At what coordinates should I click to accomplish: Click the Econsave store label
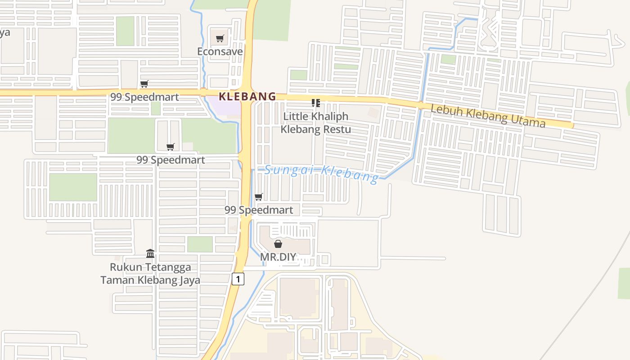point(220,52)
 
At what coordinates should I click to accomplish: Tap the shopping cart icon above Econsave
point(220,39)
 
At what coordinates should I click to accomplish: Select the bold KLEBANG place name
point(247,96)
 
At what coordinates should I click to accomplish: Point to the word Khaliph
point(328,116)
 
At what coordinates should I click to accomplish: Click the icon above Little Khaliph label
point(316,103)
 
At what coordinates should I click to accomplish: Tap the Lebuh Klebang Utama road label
point(488,116)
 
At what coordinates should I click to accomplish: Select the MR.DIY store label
point(278,257)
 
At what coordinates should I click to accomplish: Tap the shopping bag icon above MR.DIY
point(278,244)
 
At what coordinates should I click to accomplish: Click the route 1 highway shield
point(238,279)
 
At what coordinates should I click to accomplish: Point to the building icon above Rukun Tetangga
point(150,253)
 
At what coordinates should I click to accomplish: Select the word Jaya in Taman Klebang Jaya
point(189,280)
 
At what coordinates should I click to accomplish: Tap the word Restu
point(337,130)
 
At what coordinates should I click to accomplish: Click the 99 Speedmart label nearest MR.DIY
point(259,210)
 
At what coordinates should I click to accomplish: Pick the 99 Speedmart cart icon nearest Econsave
point(144,84)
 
